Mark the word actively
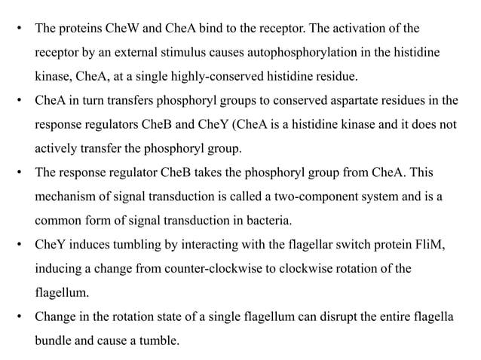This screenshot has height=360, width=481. click(x=54, y=145)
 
